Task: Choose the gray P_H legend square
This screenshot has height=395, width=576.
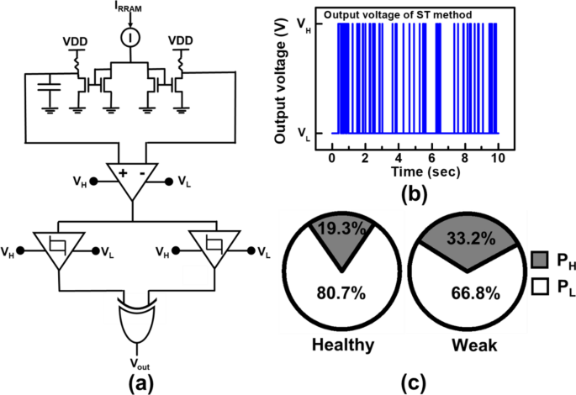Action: click(x=541, y=260)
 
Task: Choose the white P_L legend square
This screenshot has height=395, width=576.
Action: click(x=541, y=289)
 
